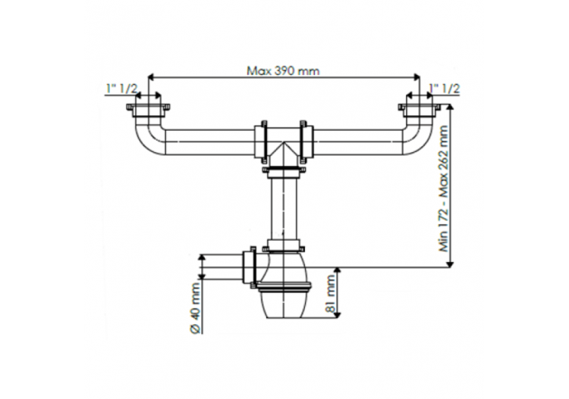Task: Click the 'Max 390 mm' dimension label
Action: click(283, 70)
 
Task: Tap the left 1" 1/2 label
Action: click(121, 89)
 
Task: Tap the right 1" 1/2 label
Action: click(445, 89)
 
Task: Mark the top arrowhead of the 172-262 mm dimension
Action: click(451, 108)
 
